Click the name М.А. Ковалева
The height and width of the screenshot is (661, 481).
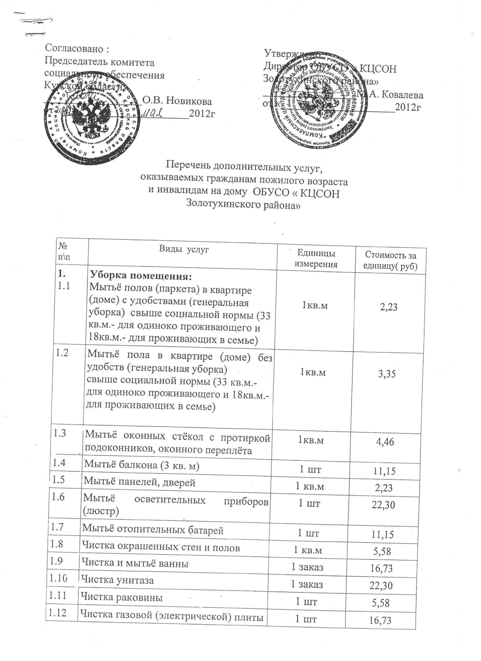tap(390, 95)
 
